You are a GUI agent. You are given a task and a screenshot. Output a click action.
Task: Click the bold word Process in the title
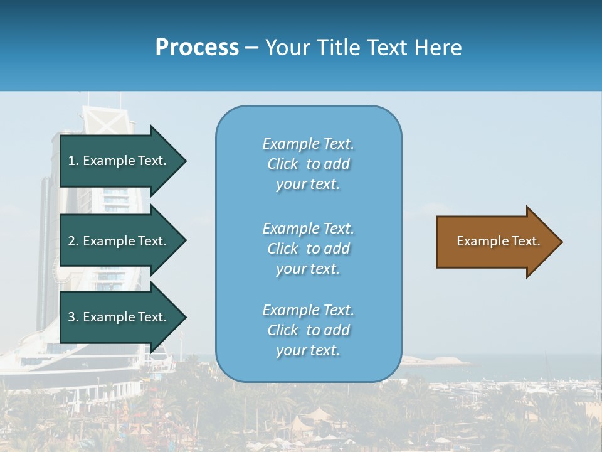tap(197, 48)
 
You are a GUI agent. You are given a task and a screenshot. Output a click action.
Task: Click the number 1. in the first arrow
tap(73, 161)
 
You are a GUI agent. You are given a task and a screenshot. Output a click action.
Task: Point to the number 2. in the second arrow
tap(73, 241)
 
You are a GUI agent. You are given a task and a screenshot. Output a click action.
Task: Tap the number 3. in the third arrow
tap(73, 317)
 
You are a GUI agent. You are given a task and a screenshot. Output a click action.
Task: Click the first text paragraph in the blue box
tap(308, 164)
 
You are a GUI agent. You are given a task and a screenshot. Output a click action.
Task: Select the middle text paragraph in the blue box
tap(308, 249)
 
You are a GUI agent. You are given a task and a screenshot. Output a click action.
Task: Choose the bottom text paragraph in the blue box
tap(308, 330)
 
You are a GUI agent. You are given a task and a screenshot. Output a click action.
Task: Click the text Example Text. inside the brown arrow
tap(498, 241)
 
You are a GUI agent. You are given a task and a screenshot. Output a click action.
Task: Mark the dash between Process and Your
tap(251, 48)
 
